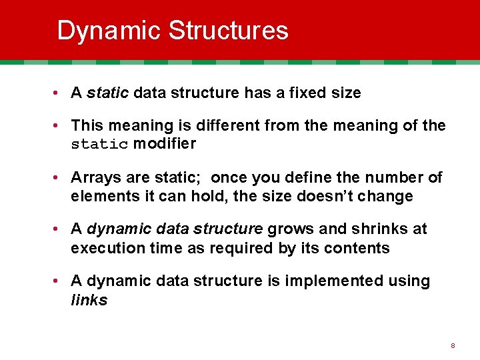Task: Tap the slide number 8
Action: click(x=453, y=346)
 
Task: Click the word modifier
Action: click(x=165, y=144)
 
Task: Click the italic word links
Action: click(x=89, y=301)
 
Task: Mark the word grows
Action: click(x=291, y=229)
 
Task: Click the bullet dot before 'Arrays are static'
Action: click(x=60, y=178)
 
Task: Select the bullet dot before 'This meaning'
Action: click(x=60, y=126)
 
